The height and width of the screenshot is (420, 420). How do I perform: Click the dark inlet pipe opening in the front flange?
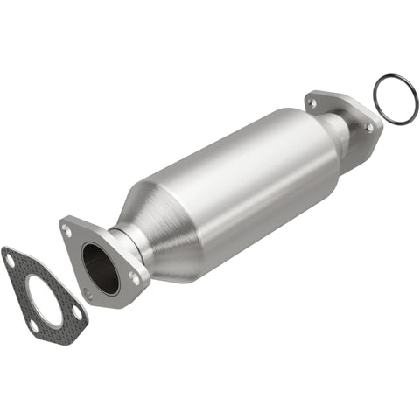[100, 267]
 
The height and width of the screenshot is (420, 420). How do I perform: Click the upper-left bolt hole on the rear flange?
[311, 102]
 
